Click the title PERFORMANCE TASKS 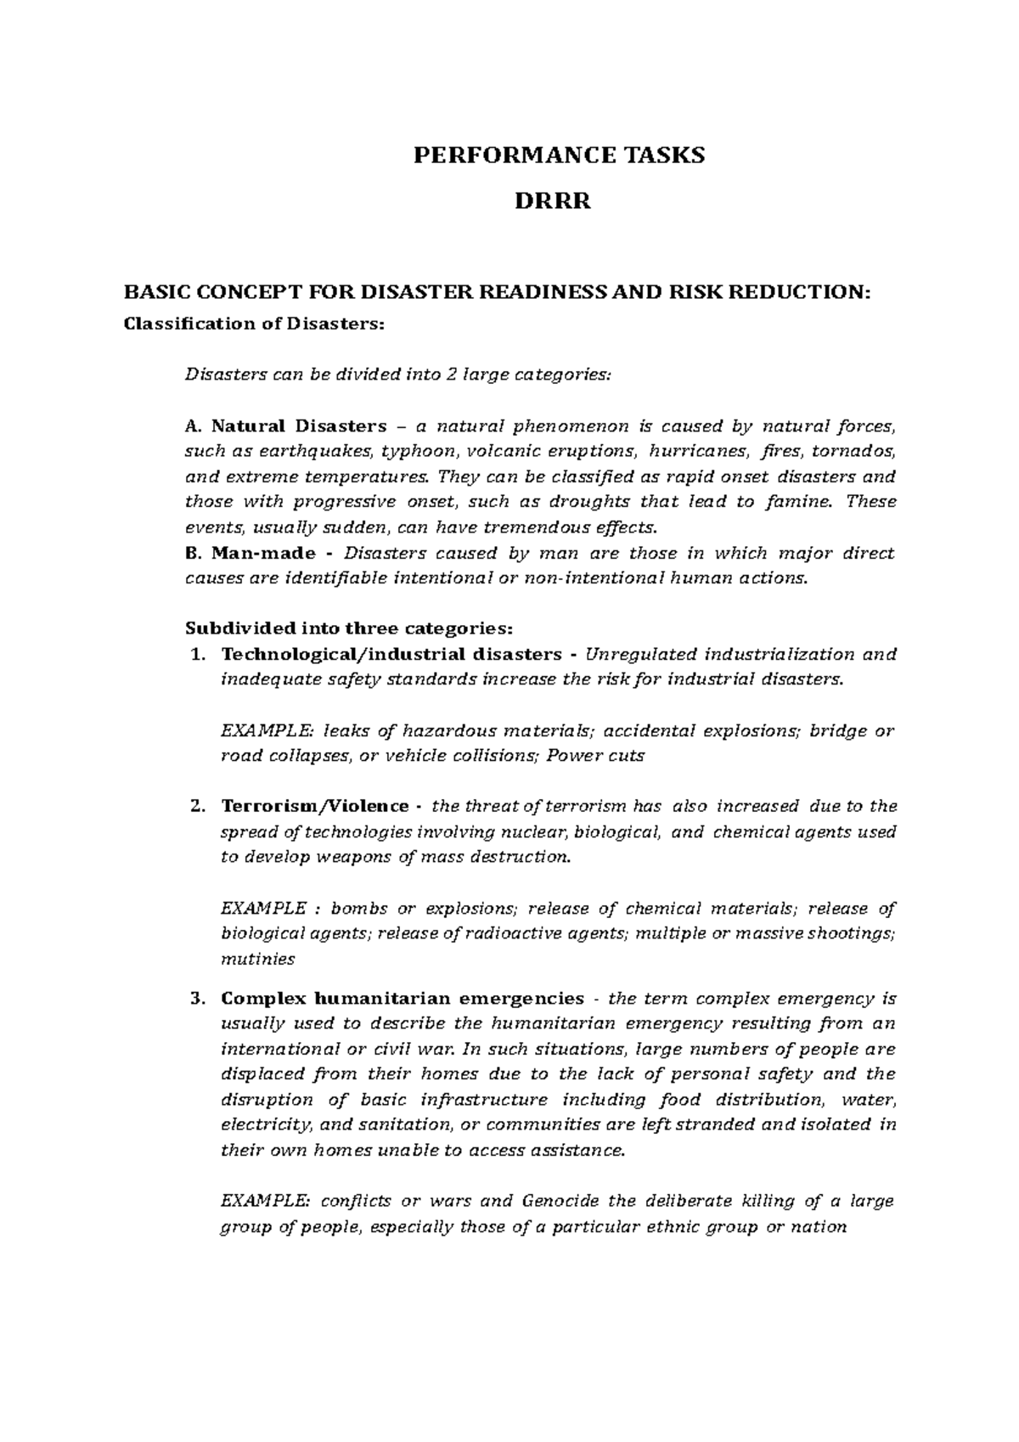pyautogui.click(x=559, y=155)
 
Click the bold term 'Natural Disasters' pyautogui.click(x=298, y=425)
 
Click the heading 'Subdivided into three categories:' pyautogui.click(x=349, y=629)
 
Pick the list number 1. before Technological pyautogui.click(x=197, y=655)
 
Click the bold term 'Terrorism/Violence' pyautogui.click(x=315, y=806)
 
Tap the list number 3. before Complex pyautogui.click(x=197, y=998)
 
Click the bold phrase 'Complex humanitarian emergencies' pyautogui.click(x=403, y=998)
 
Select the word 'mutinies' pyautogui.click(x=257, y=960)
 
